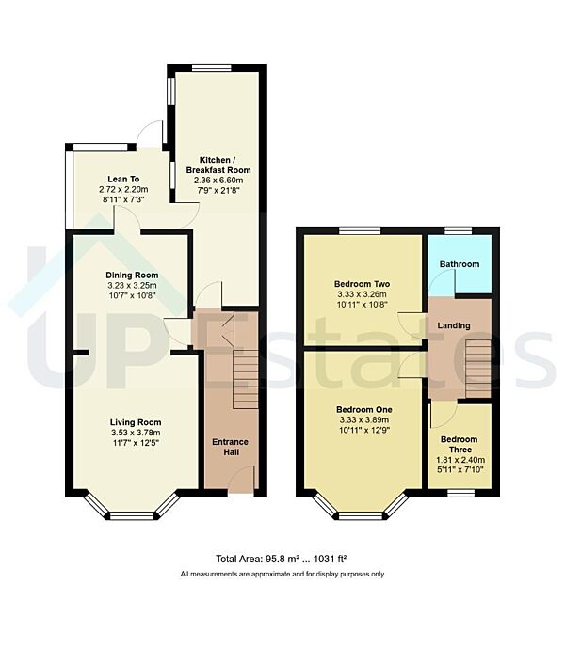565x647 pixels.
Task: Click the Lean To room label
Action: pyautogui.click(x=123, y=178)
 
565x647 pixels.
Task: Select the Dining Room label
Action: pyautogui.click(x=131, y=276)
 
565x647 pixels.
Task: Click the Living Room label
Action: pyautogui.click(x=136, y=422)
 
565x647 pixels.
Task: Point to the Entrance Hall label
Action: pyautogui.click(x=229, y=448)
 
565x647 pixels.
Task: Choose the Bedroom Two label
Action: pyautogui.click(x=362, y=283)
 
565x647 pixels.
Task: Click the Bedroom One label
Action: pyautogui.click(x=362, y=410)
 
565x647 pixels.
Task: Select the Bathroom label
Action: pyautogui.click(x=459, y=264)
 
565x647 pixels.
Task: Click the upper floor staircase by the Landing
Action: pyautogui.click(x=478, y=368)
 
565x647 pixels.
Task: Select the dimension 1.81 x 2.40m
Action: pyautogui.click(x=459, y=461)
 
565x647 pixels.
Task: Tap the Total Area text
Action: pyautogui.click(x=282, y=559)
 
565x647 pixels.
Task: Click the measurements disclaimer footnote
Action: pyautogui.click(x=282, y=574)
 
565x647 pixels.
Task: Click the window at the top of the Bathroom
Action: pyautogui.click(x=459, y=230)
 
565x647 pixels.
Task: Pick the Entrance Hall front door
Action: pyautogui.click(x=242, y=483)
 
